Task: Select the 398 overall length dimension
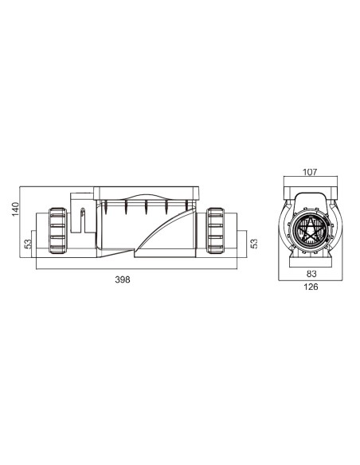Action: pos(123,279)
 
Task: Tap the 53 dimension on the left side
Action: pos(29,244)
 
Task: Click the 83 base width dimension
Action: pos(310,273)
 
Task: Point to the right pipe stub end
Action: pos(232,231)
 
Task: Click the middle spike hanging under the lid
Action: pos(146,208)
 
